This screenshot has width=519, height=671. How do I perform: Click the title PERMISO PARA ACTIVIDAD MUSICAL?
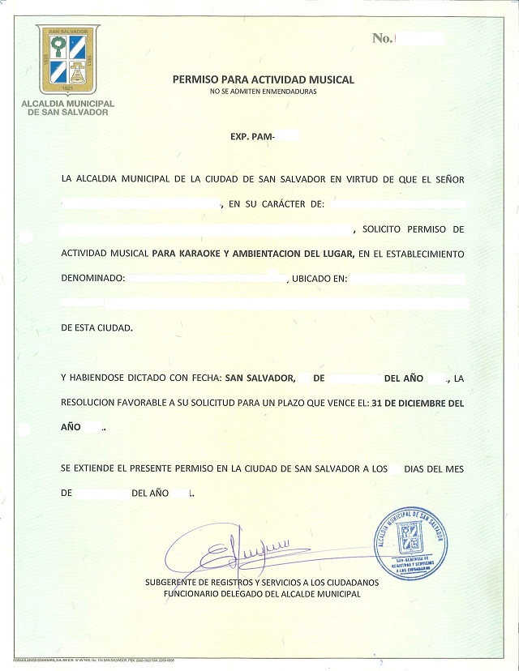(264, 79)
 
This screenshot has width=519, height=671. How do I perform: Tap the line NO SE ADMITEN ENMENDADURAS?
(263, 92)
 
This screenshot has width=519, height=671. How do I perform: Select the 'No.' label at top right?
(380, 38)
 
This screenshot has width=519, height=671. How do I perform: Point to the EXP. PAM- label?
(253, 138)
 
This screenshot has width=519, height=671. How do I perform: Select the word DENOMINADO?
(93, 279)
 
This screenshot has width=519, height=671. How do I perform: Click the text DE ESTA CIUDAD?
(96, 328)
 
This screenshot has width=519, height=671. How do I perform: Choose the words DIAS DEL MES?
(434, 468)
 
